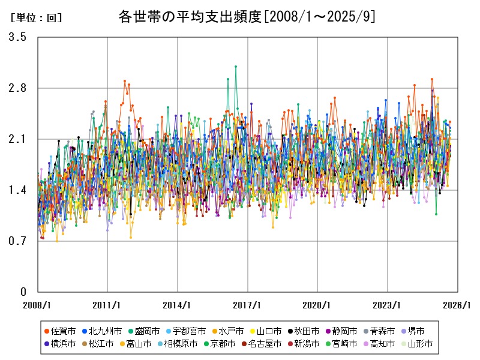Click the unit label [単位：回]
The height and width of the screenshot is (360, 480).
click(36, 18)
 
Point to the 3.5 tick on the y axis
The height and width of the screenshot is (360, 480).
click(17, 37)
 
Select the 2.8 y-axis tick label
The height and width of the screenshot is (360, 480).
click(17, 88)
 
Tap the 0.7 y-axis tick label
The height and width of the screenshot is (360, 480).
click(17, 241)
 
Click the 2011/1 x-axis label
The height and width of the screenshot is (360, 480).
click(107, 305)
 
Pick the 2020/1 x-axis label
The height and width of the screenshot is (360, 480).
click(317, 305)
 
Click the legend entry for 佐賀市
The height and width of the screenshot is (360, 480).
click(60, 331)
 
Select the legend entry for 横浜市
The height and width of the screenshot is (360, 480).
click(60, 344)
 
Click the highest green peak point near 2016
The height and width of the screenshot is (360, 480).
click(236, 67)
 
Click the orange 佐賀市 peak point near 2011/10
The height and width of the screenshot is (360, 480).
click(125, 81)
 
